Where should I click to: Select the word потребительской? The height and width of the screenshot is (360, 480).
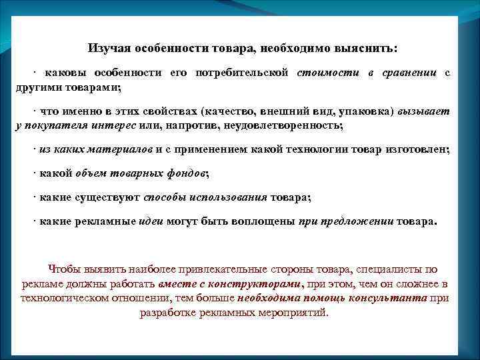tap(249, 73)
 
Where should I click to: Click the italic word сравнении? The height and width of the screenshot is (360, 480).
tap(409, 73)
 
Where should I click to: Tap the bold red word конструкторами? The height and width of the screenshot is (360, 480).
tap(255, 285)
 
